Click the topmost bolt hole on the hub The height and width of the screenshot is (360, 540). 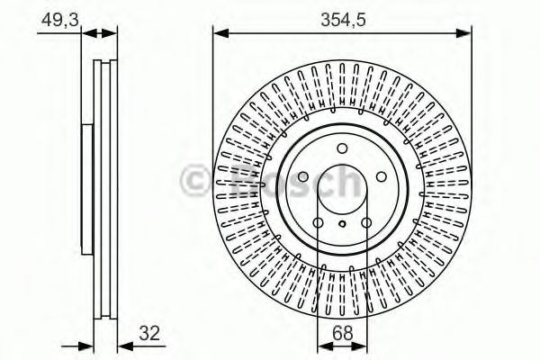tap(342, 149)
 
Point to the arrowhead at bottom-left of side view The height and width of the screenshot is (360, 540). tap(87, 345)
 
